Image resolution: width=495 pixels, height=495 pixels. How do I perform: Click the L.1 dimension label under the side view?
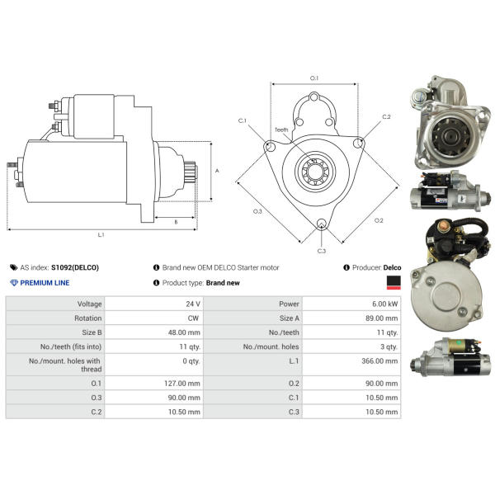101,235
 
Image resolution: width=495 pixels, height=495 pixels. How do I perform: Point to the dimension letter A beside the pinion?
217,171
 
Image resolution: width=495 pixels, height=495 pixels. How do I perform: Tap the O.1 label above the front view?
314,78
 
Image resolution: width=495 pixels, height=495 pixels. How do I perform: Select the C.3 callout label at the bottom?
322,251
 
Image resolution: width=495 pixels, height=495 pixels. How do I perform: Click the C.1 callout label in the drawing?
243,120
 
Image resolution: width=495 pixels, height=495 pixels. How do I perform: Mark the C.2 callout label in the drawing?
386,117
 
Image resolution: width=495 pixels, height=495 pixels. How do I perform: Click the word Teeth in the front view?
281,130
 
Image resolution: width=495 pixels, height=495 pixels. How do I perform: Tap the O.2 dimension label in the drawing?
379,220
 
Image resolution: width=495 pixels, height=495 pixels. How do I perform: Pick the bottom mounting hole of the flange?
322,224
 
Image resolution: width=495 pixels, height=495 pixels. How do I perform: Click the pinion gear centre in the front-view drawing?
315,172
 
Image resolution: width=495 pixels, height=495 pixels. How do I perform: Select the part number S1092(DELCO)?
75,267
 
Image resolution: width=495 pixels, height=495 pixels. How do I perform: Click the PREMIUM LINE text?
45,283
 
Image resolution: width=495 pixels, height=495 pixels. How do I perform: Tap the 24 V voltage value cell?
193,304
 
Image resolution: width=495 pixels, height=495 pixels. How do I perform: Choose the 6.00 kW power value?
384,304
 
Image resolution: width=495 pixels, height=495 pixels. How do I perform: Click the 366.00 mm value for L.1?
379,361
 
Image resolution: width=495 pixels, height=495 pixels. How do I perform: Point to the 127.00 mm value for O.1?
182,384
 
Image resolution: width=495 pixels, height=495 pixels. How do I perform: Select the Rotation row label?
88,318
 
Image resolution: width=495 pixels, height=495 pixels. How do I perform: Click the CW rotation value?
193,318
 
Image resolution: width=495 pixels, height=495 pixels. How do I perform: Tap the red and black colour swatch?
394,282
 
